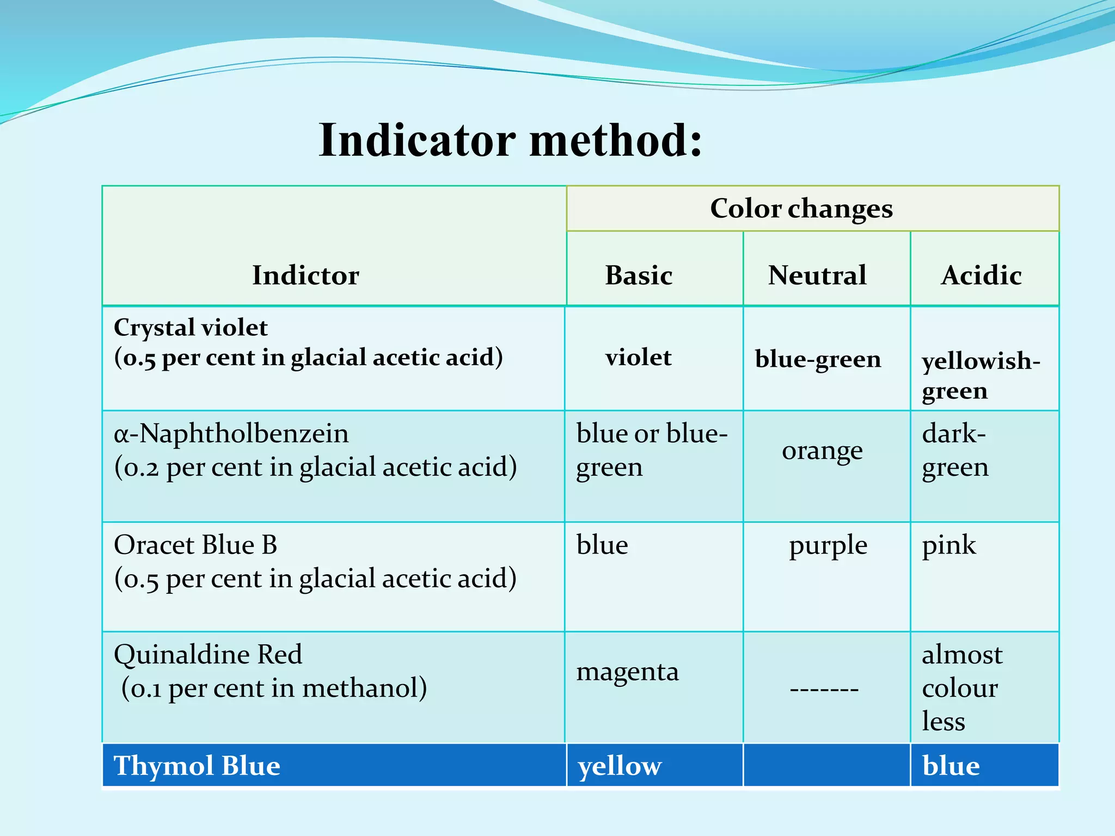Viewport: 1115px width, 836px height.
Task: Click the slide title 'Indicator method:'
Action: pos(510,140)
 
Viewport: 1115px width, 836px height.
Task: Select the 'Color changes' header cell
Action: pos(801,208)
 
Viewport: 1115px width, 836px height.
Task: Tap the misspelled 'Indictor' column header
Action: pos(305,275)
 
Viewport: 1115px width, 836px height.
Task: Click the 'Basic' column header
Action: pos(639,275)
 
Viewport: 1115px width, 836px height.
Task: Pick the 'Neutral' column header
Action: pos(817,275)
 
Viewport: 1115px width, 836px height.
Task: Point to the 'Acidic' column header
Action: pos(981,275)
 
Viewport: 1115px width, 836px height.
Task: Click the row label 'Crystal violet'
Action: pos(191,328)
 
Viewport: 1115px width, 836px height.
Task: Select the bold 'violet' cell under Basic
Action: pos(638,358)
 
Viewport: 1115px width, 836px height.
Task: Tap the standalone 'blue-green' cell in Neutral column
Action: pos(818,359)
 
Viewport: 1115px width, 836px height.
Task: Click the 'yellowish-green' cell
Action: pos(980,376)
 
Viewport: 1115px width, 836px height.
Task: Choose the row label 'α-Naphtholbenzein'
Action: pos(231,434)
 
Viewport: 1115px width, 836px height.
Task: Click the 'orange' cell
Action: pos(822,451)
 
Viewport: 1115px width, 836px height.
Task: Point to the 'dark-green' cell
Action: pos(955,450)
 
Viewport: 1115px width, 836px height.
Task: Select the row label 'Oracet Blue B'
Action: pos(195,545)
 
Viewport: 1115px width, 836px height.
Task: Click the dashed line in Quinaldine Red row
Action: pos(824,690)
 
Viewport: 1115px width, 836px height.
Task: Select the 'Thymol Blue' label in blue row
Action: pos(197,766)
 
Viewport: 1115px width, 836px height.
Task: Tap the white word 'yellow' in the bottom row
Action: pos(620,766)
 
